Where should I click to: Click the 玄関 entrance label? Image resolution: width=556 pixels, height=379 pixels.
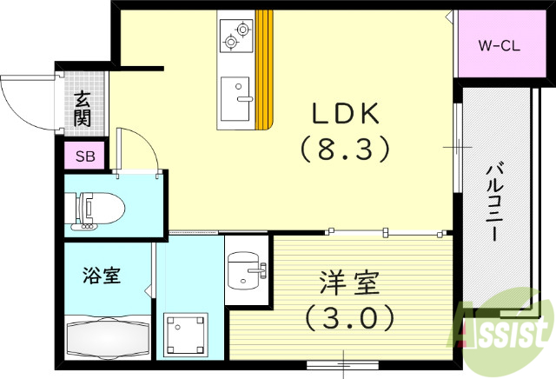(83, 108)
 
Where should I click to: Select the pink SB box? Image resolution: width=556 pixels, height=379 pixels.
(84, 157)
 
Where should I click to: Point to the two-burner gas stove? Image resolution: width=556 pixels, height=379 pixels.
(235, 33)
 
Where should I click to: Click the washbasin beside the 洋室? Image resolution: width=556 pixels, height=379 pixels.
(244, 274)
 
